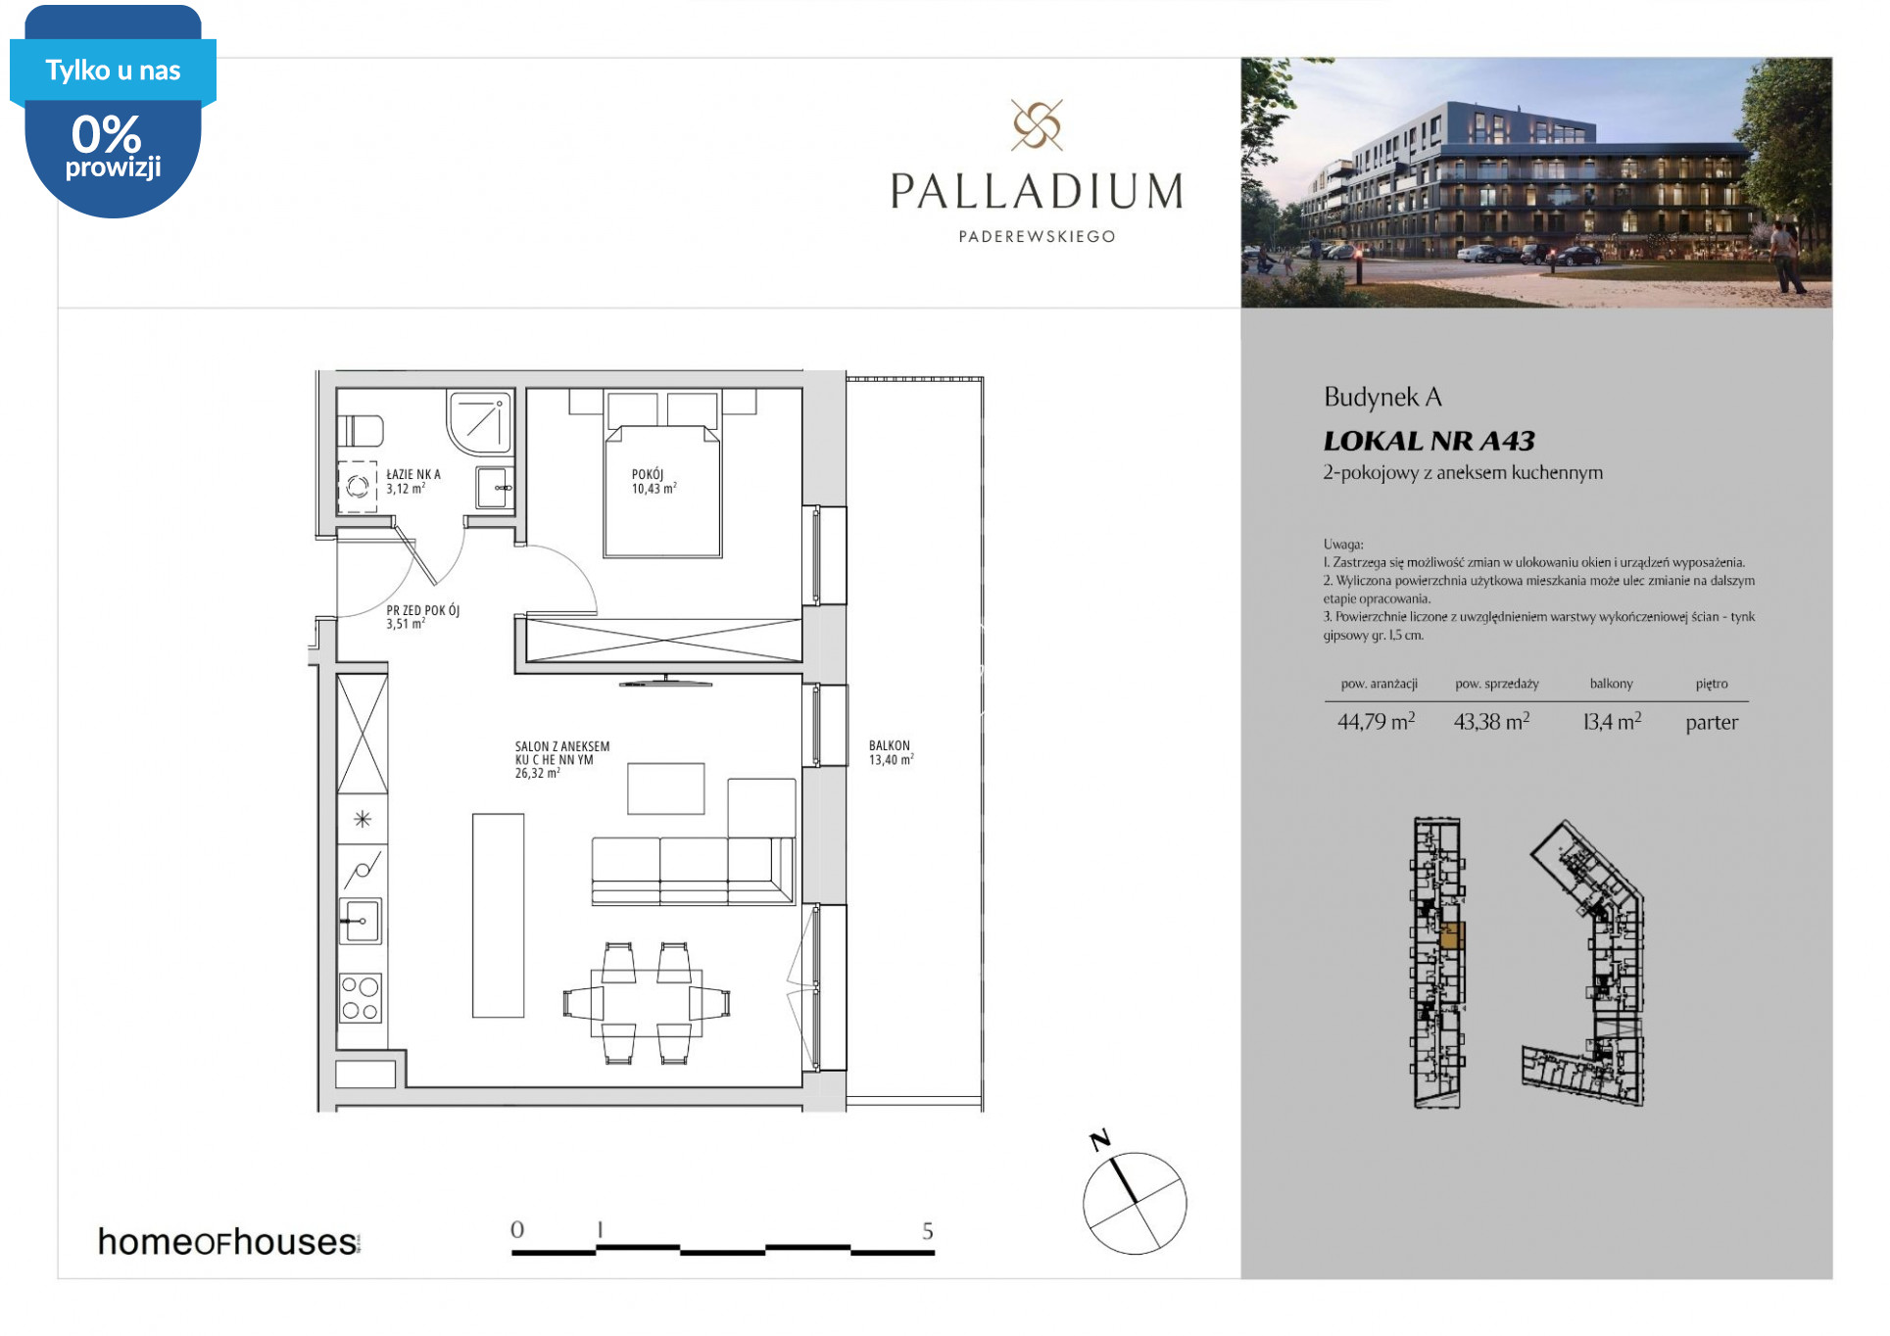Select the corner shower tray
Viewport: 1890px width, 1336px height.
click(x=480, y=422)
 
